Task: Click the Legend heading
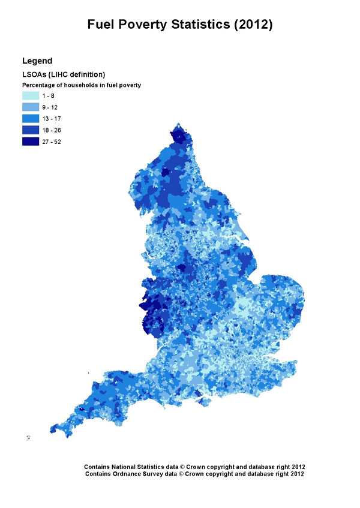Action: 37,61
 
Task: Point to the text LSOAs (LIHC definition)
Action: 64,74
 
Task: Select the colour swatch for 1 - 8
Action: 31,95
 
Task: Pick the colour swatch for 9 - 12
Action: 31,107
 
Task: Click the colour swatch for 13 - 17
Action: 31,118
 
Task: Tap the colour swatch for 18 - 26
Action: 31,130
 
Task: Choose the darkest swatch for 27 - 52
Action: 31,142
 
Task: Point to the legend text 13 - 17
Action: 52,118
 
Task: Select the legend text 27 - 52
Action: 52,142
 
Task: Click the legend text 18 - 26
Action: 52,130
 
